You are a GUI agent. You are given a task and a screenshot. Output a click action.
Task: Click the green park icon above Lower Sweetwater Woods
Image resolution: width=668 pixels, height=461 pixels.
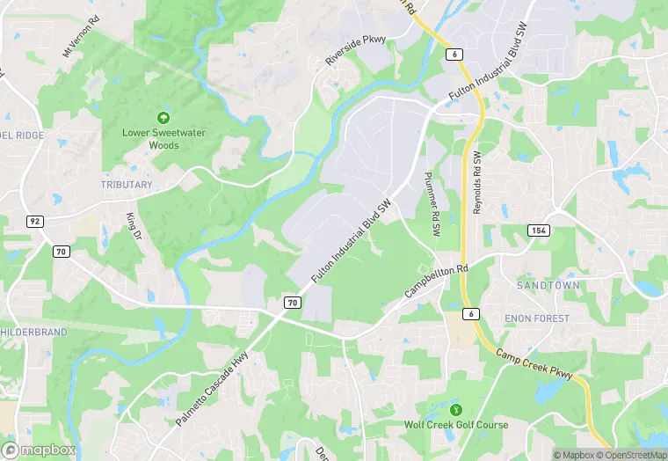pos(162,117)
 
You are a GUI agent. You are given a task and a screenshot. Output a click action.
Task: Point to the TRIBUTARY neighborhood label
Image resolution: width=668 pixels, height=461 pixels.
pos(127,185)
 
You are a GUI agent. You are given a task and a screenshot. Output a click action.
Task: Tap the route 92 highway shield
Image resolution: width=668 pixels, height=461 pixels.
pos(34,221)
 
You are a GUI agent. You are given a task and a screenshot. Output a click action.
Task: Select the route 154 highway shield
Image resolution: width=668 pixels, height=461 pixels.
pos(539,230)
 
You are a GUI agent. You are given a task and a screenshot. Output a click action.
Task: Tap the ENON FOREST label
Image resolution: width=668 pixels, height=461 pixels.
pos(537,318)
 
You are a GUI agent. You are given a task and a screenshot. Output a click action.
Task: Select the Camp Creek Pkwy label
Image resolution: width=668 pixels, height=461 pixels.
pos(534,365)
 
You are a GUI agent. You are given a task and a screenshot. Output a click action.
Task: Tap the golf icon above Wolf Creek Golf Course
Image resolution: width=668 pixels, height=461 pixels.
pos(455,410)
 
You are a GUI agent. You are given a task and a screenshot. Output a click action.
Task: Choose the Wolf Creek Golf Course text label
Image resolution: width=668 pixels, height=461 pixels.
pos(455,425)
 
